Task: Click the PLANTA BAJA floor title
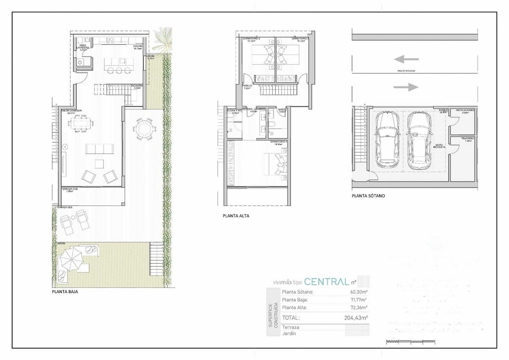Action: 65,292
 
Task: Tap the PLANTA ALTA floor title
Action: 236,216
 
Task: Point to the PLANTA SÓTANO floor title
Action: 368,196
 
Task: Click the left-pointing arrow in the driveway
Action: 406,59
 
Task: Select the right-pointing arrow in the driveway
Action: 406,87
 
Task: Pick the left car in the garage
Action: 386,138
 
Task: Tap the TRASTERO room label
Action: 467,138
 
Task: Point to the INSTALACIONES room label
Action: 465,110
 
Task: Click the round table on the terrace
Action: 145,128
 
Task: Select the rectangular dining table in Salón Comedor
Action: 80,124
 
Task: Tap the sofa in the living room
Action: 99,149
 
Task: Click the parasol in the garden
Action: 73,259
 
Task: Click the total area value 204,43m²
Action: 355,317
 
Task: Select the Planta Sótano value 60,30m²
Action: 358,292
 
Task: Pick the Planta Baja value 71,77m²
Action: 358,300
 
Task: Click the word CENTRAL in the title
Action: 327,281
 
